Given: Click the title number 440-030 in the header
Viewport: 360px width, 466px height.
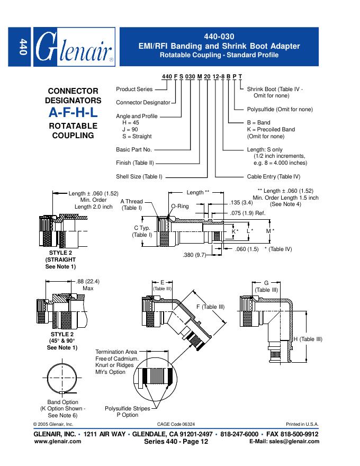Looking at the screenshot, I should pos(218,37).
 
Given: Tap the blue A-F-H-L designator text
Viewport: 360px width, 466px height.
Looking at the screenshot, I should pos(74,112).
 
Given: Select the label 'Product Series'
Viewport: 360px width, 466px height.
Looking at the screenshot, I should pos(134,89).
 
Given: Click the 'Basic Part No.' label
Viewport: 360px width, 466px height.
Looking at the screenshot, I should pos(133,150).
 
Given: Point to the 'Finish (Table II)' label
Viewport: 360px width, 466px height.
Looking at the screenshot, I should pos(136,163).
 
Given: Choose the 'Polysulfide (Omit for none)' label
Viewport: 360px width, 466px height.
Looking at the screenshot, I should pos(280,109).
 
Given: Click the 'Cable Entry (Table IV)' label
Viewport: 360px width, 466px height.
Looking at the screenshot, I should pos(273,176).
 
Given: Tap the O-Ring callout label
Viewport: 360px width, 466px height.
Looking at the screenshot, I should pos(179,206).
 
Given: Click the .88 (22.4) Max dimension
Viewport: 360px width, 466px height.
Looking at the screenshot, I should pos(88,284).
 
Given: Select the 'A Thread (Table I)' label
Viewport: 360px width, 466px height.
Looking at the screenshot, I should pos(131,204).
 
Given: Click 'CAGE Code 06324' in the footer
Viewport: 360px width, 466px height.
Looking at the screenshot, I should pos(176,425).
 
